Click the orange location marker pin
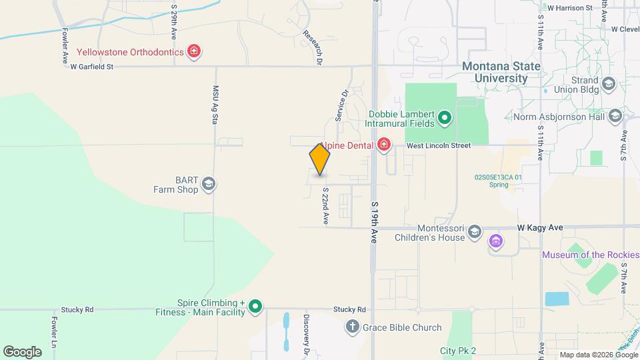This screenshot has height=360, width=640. [320, 159]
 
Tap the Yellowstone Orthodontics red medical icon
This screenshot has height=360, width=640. [194, 51]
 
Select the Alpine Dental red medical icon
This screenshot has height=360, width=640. [383, 145]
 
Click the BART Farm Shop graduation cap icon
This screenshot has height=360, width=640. [209, 184]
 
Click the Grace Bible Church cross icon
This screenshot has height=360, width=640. [352, 327]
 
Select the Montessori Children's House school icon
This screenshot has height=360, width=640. [475, 232]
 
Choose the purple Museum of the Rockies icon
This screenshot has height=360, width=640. [495, 241]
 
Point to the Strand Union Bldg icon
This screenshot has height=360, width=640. [608, 84]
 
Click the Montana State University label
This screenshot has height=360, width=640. [501, 72]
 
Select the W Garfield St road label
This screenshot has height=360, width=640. [92, 67]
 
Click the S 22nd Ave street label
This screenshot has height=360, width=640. [326, 205]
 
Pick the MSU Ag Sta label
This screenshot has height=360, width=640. [215, 105]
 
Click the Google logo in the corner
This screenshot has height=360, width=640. [22, 351]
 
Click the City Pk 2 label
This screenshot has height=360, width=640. [457, 351]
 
